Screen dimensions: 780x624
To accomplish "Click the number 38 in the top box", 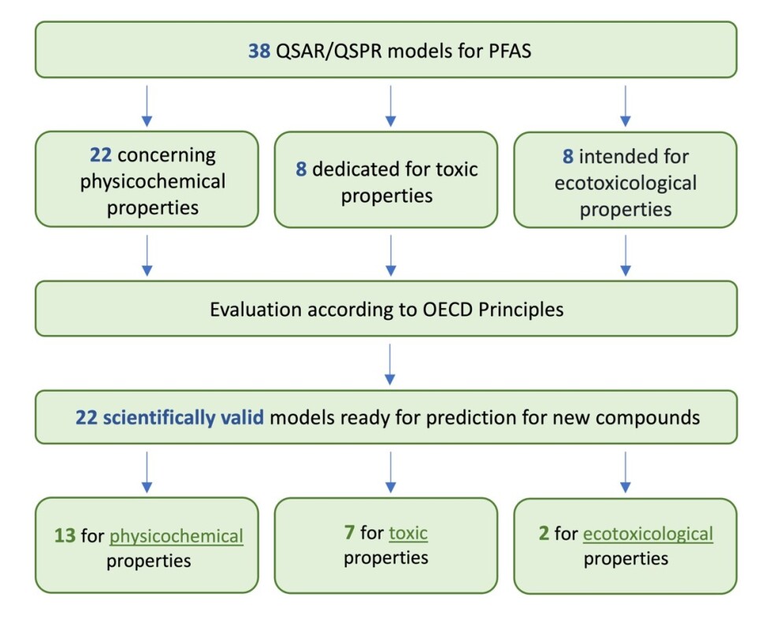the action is coord(259,50).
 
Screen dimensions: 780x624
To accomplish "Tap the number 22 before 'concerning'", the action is coord(101,154).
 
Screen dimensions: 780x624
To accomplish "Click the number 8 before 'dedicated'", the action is coord(301,169).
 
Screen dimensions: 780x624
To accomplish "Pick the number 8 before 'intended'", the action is coord(568,156).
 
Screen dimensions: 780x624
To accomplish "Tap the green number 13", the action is coord(65,536).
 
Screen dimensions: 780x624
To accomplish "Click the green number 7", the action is coord(349,533).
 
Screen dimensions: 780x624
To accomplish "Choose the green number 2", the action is coord(544,533).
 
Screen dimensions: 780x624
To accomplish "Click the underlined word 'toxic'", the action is coord(408,533).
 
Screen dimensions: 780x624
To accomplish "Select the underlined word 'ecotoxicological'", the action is coord(648,534).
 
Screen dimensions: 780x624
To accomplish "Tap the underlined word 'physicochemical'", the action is coord(176,537).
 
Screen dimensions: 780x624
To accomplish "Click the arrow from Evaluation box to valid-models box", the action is coord(390,364).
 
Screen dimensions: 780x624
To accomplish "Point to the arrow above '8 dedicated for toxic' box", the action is coord(391,106).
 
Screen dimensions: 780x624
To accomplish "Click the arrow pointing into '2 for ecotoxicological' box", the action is coord(626,472).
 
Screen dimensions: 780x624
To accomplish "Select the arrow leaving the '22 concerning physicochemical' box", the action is coord(147,256).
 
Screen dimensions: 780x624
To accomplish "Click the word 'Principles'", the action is coord(521,310).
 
